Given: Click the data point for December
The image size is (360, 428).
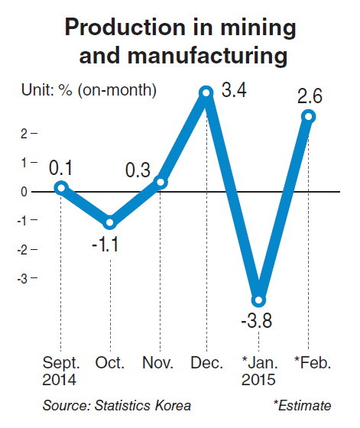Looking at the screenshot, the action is coord(206,92).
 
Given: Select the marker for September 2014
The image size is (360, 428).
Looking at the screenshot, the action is coord(61,188).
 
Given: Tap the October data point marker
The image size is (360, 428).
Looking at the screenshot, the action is coord(110,222).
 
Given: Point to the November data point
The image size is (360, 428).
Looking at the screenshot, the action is coord(161,182).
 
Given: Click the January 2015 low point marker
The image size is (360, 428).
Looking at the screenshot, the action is coord(258,300).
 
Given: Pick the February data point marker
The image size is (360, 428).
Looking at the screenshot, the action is coord(309,116).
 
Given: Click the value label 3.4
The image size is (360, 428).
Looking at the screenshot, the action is coord(234,90).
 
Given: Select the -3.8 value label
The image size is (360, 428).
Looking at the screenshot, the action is coord(257,320).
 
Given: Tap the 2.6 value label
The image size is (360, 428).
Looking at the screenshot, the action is coord(310,96).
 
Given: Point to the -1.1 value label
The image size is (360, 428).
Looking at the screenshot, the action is coord(105,245).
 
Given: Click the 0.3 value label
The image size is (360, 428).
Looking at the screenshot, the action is coord(138,170).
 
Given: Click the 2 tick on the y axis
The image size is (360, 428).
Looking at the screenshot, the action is coord(24,134).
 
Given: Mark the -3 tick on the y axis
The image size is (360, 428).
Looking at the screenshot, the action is coord(22,279).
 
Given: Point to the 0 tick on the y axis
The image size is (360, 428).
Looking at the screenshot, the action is coord(24,192).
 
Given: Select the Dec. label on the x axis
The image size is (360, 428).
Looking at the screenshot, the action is coord(206,363).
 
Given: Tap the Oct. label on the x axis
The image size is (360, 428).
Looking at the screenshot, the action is coord(110,363).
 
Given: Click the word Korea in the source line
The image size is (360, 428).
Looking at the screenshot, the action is coord(173,405).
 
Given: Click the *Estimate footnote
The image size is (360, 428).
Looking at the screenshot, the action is coord(303,405).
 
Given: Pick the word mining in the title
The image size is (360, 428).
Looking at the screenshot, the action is coord(258,28).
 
